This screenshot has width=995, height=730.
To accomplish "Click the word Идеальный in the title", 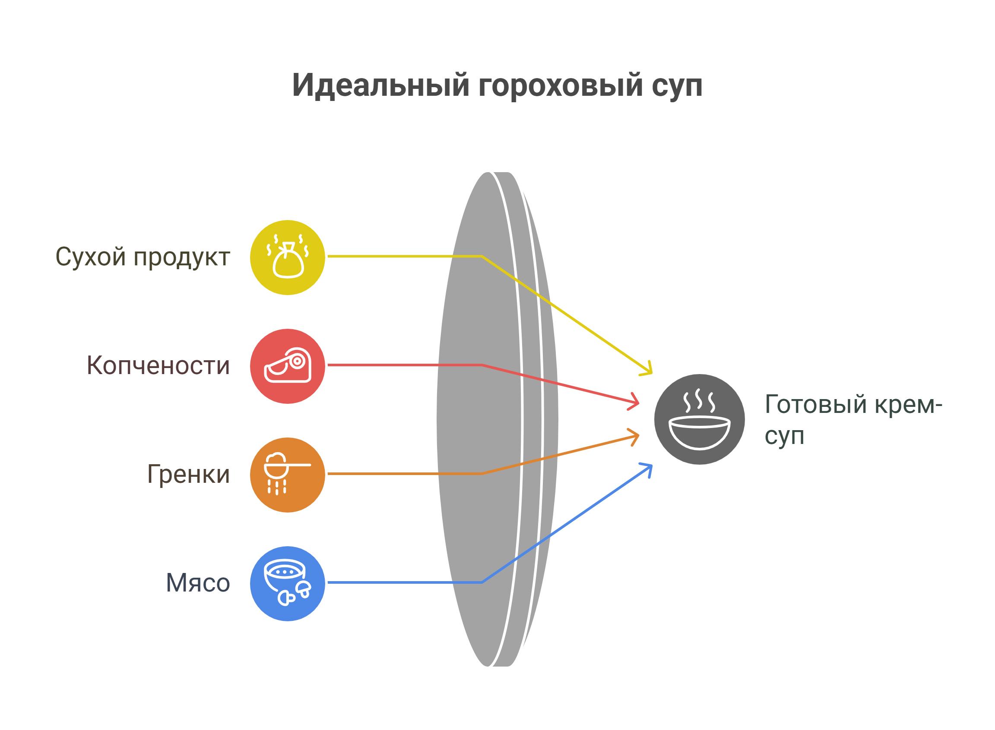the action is [381, 85].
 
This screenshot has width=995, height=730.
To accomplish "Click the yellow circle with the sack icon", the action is [288, 257].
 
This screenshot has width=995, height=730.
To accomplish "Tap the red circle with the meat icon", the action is [288, 366].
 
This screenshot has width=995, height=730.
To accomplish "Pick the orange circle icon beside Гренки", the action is [288, 475].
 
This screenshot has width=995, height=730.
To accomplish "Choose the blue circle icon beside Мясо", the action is [288, 583].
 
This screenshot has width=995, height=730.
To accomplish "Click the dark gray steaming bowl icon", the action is [699, 419].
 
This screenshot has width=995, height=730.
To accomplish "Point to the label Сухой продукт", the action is [143, 257].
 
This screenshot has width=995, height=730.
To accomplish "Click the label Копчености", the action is [158, 366].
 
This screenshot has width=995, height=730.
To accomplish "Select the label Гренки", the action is [189, 475].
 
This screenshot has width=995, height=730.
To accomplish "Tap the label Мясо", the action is [198, 583].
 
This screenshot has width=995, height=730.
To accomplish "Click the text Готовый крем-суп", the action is [853, 420].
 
